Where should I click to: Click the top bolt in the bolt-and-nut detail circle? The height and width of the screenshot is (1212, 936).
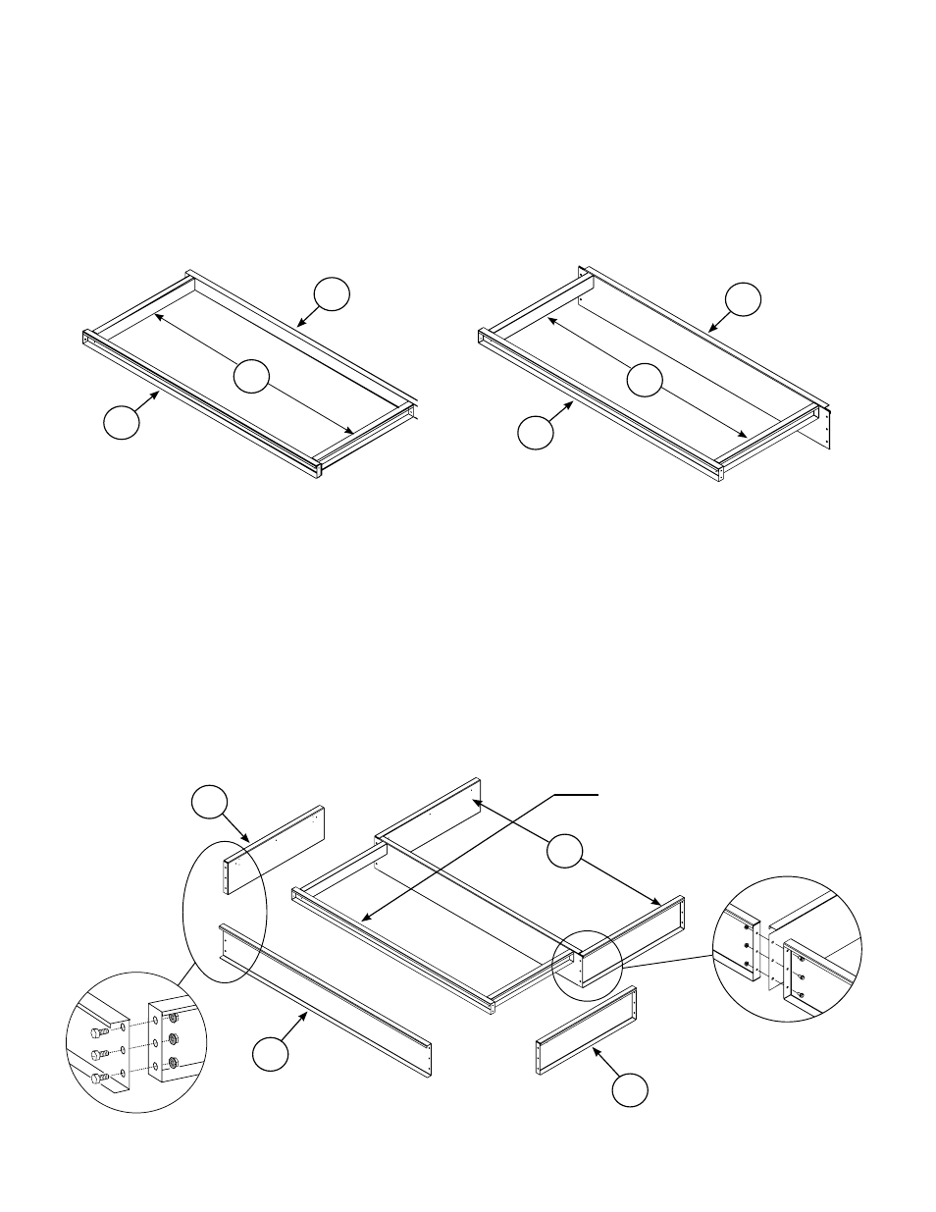point(99,1033)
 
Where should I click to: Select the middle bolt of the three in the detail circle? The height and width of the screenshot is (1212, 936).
point(99,1054)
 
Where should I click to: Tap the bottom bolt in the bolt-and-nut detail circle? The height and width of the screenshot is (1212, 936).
point(99,1077)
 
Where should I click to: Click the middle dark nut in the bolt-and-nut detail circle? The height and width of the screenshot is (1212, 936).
point(173,1039)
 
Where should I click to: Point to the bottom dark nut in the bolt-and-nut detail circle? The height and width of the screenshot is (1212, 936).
point(173,1061)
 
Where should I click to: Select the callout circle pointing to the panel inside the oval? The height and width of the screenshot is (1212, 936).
point(207,800)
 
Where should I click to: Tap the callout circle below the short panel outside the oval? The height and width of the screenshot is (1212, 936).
point(630,1089)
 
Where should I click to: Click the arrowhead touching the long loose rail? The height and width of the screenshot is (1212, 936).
point(308,1014)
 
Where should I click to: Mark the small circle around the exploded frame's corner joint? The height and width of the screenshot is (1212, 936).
point(587,962)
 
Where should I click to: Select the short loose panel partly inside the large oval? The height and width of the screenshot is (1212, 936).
point(276,849)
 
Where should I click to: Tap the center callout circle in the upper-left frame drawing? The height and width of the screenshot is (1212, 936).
point(251,376)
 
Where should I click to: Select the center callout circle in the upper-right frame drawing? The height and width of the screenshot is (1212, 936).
point(645,380)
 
